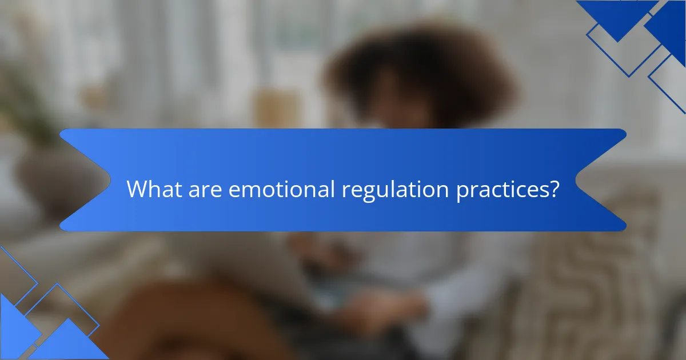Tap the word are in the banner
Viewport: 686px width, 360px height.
[206, 189]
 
